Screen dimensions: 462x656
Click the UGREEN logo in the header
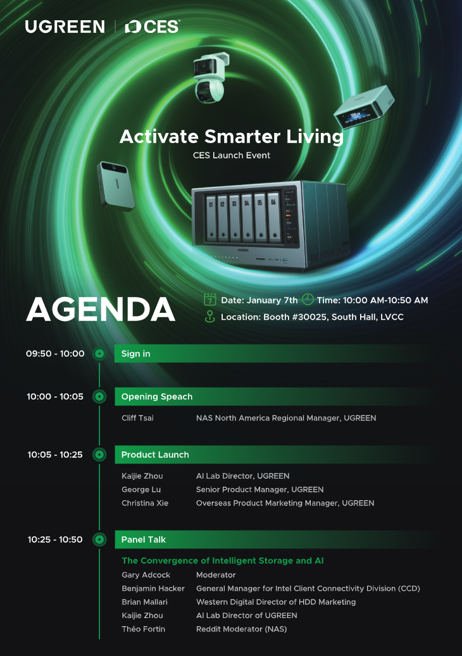pyautogui.click(x=65, y=27)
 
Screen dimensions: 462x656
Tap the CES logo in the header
pyautogui.click(x=152, y=27)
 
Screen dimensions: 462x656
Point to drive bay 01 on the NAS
pyautogui.click(x=211, y=218)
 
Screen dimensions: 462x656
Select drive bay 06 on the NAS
pyautogui.click(x=273, y=217)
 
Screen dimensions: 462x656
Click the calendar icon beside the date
pyautogui.click(x=210, y=300)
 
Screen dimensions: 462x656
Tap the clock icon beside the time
pyautogui.click(x=308, y=300)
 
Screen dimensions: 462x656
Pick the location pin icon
pyautogui.click(x=210, y=317)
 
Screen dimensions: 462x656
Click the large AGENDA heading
pyautogui.click(x=101, y=310)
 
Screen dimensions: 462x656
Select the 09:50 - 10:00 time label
pyautogui.click(x=55, y=353)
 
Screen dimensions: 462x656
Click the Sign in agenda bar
pyautogui.click(x=274, y=353)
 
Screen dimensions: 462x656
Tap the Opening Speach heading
pyautogui.click(x=157, y=396)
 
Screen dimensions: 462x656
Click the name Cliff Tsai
pyautogui.click(x=137, y=418)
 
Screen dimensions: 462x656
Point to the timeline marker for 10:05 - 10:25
pyautogui.click(x=99, y=455)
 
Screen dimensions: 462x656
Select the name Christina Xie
pyautogui.click(x=145, y=503)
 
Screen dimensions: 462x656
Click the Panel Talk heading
pyautogui.click(x=144, y=539)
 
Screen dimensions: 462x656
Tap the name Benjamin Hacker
pyautogui.click(x=153, y=588)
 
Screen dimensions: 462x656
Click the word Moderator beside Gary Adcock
pyautogui.click(x=216, y=575)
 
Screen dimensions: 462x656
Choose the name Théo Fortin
pyautogui.click(x=144, y=629)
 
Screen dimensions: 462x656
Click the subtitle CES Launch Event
pyautogui.click(x=232, y=155)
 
